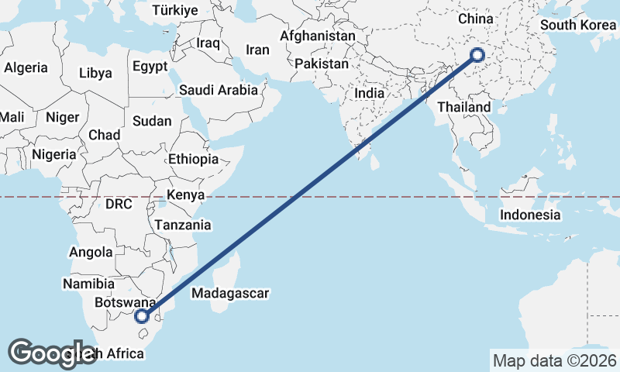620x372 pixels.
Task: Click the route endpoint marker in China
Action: tap(477, 54)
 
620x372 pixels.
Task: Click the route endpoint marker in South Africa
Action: tap(142, 315)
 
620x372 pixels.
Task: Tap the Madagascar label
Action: tap(230, 294)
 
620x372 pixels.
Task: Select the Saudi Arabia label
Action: tap(219, 90)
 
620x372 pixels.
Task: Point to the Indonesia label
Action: tap(530, 215)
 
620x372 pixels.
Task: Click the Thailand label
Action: tap(463, 107)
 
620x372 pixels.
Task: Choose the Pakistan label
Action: tap(322, 64)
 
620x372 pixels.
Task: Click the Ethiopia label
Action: tap(194, 160)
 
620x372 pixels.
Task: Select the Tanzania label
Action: tap(183, 225)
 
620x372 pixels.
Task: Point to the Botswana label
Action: tap(124, 303)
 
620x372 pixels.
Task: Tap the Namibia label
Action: tap(89, 284)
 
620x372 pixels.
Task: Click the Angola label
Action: tap(91, 252)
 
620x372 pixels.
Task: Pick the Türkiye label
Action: tap(175, 10)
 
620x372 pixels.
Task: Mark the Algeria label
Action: tap(26, 67)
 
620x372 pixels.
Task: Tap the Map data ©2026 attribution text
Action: tap(555, 360)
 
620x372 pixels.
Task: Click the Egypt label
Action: tap(150, 67)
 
